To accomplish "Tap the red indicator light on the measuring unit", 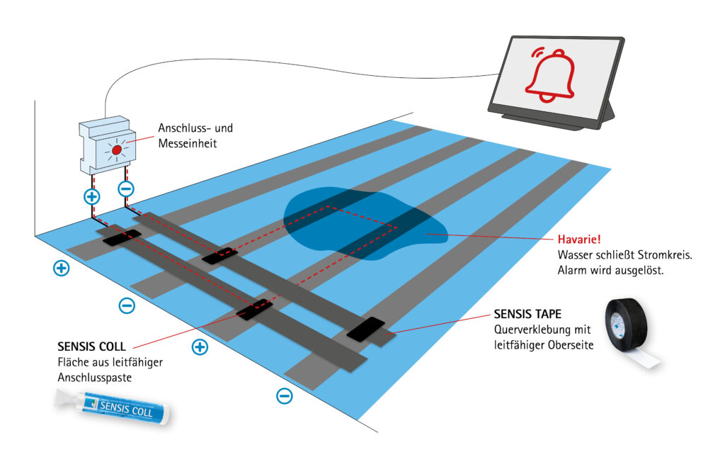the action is (117, 150).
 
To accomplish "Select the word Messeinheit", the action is (187, 143).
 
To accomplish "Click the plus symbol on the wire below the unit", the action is (92, 197).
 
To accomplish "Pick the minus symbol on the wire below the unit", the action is (126, 189).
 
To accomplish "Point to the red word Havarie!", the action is (579, 240).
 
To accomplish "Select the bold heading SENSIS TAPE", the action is (527, 314).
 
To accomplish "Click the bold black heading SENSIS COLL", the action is (91, 347).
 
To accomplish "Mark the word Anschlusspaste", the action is (95, 378).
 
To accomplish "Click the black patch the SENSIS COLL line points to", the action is (254, 310).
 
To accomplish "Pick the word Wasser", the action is (573, 255).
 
